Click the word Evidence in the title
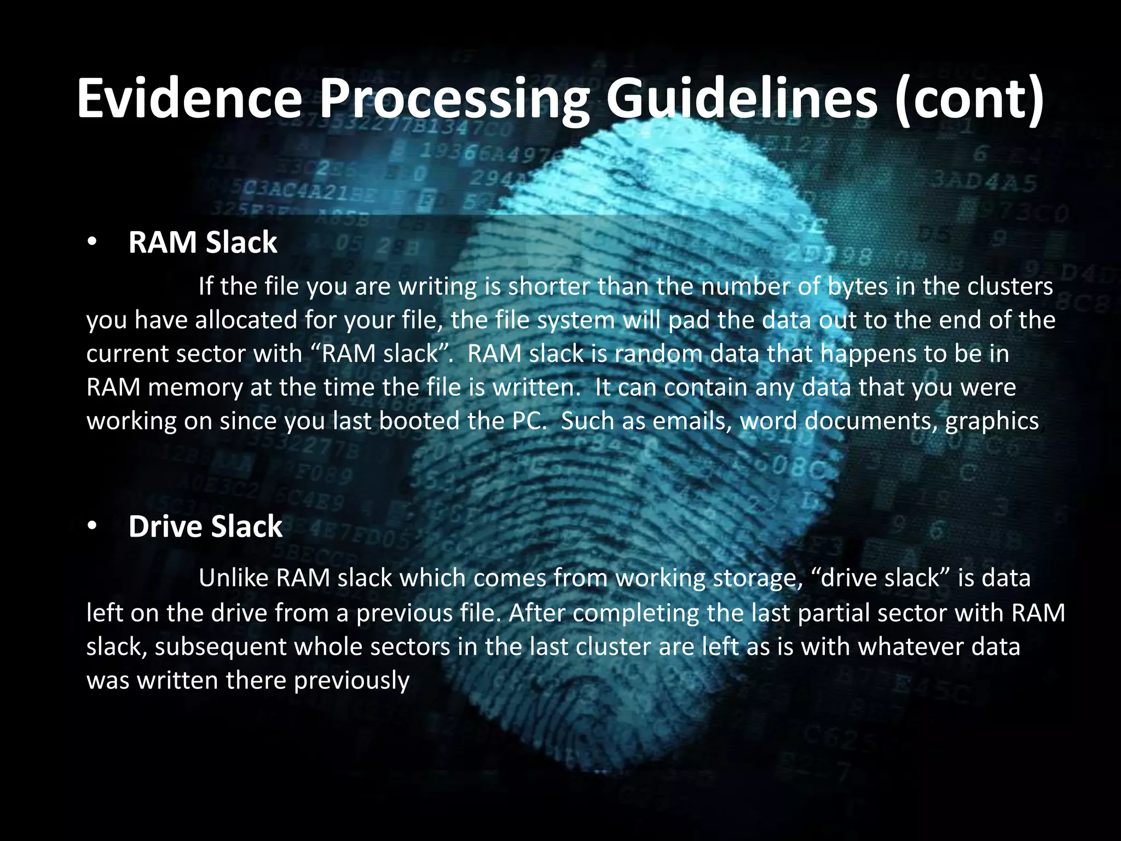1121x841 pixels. (189, 99)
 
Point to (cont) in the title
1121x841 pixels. (969, 99)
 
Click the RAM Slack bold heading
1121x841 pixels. (203, 243)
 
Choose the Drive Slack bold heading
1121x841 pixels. (205, 527)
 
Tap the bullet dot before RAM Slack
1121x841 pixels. (91, 243)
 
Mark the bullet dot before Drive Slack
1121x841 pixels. (91, 527)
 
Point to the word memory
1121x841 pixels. (195, 388)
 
